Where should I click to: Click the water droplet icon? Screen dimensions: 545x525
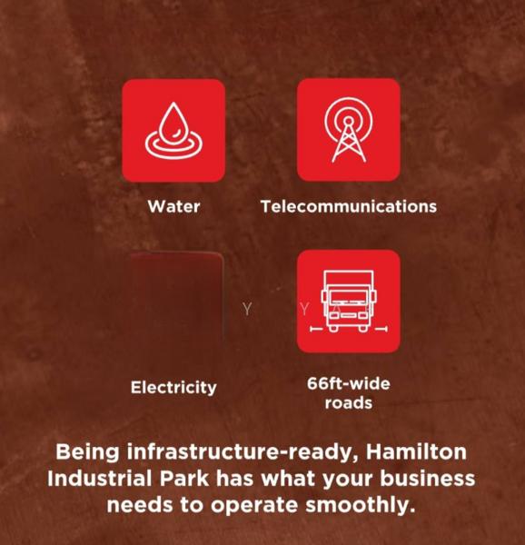[x=173, y=129]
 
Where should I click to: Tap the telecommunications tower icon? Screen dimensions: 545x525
[x=348, y=129]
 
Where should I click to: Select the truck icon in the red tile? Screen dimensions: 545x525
[x=348, y=301]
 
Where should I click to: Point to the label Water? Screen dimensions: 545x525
[x=173, y=206]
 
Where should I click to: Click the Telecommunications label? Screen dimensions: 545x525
[x=348, y=206]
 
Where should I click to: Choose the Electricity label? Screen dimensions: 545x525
[x=173, y=387]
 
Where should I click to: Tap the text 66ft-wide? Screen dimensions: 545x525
[x=348, y=383]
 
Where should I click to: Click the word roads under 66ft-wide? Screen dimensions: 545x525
[x=348, y=402]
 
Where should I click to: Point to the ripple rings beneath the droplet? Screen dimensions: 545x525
[x=173, y=145]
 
